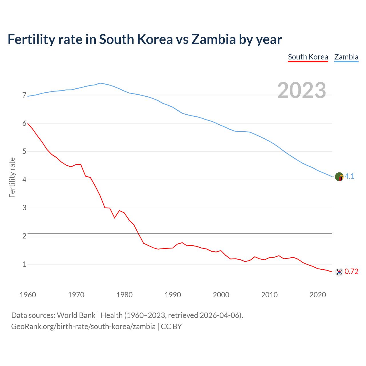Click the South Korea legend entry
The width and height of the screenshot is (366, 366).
coord(308,57)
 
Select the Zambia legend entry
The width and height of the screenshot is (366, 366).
coord(346,57)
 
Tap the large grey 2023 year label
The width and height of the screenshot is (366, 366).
coord(302,90)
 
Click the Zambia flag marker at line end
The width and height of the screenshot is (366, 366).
coord(339,177)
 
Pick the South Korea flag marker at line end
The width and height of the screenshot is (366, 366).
coord(339,272)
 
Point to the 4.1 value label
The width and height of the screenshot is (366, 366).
coord(349,176)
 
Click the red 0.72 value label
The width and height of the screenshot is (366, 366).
coord(351,272)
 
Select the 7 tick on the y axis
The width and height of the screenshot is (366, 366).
coord(24,95)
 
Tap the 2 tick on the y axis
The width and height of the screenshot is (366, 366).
coord(24,236)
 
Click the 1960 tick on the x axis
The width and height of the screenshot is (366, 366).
coord(28,295)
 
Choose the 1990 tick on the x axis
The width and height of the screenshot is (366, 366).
coord(173,295)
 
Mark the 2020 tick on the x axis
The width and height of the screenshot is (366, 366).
coord(318,295)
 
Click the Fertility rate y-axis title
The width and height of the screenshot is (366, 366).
coord(12,177)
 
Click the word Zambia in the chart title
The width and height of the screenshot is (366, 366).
coord(214,39)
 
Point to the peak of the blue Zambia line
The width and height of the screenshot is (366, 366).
coord(100,83)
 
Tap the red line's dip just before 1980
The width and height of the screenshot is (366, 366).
coord(114,218)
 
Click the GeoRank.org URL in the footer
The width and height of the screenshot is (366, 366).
coord(83,327)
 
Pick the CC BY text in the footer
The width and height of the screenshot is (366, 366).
coord(171,327)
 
